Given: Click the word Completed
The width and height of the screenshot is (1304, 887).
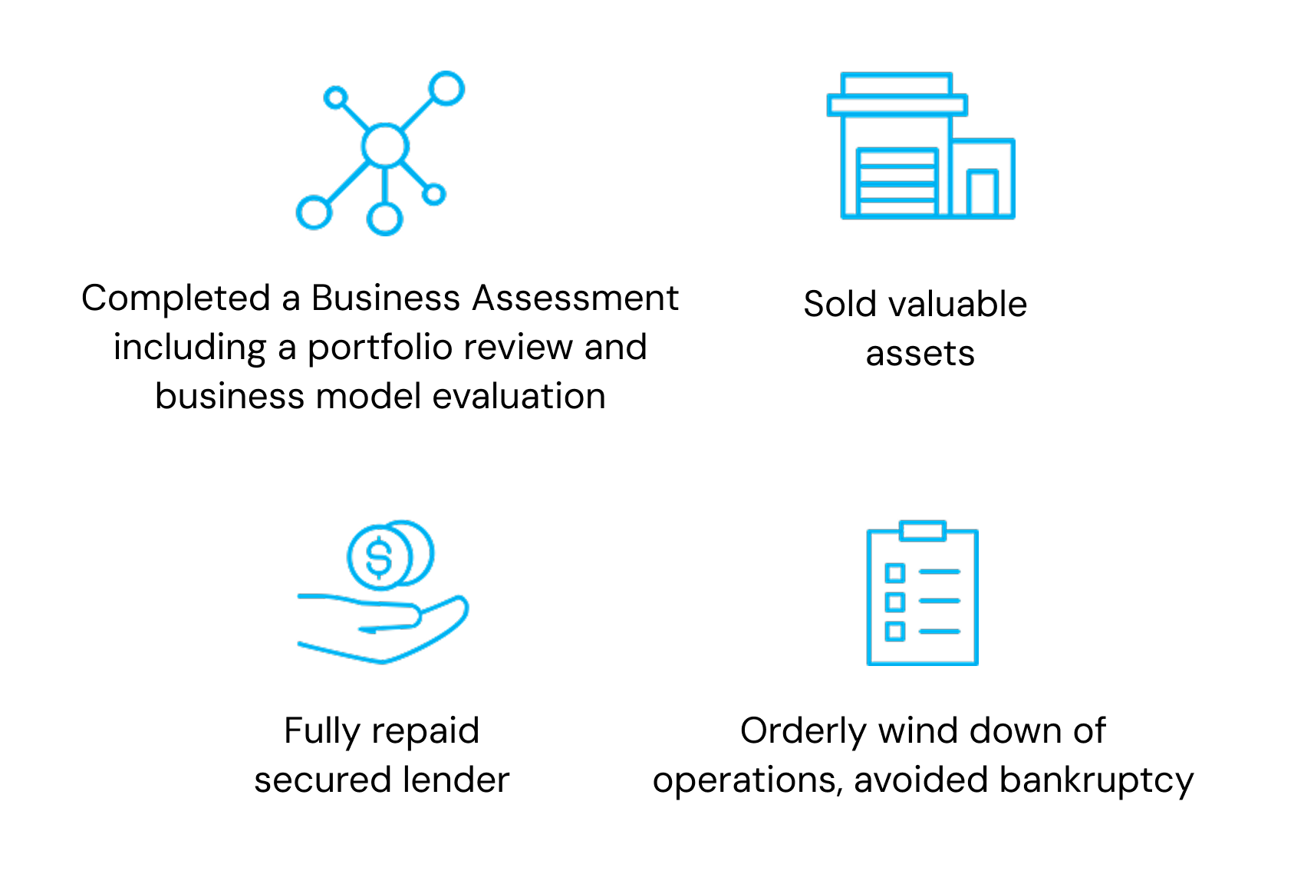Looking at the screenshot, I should (x=176, y=298).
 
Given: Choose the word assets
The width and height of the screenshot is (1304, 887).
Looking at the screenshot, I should (x=920, y=354).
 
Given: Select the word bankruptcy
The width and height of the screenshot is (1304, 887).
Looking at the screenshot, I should (x=1096, y=781).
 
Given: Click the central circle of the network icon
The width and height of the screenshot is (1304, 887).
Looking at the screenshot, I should (x=384, y=146).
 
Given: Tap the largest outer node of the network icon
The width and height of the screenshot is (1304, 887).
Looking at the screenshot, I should (x=446, y=89).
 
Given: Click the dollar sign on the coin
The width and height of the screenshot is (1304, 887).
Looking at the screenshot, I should (x=379, y=557).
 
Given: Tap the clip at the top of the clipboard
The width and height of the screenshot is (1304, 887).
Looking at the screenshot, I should (x=922, y=530).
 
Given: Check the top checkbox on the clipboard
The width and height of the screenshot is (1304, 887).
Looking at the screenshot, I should (x=894, y=572).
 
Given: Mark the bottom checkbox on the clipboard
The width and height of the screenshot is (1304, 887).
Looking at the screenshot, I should (x=894, y=631).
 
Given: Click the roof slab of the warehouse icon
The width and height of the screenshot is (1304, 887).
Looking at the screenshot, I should (x=897, y=105).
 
